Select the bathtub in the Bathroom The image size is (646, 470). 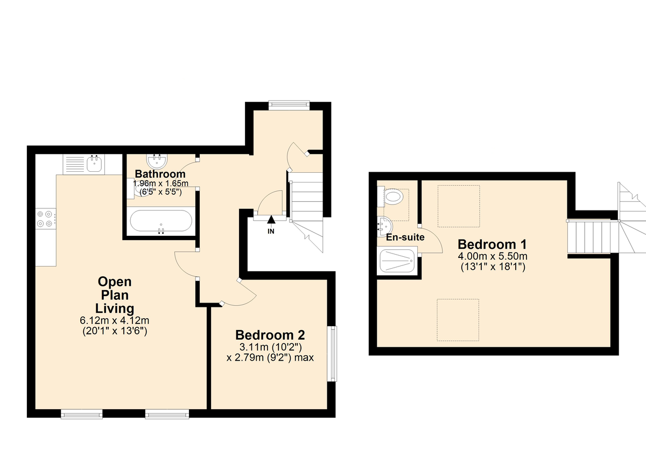tap(160, 222)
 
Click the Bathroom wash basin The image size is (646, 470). tap(158, 160)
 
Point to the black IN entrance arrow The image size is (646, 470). tap(271, 219)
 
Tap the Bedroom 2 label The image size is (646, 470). tap(270, 334)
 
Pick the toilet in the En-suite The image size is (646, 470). tap(394, 198)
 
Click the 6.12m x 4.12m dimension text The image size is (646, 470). tap(114, 321)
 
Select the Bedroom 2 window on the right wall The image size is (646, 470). tap(334, 353)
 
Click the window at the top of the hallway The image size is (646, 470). tap(289, 105)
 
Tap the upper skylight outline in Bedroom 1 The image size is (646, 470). tap(458, 206)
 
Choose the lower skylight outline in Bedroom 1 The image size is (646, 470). tap(458, 320)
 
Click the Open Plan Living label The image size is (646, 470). tap(114, 295)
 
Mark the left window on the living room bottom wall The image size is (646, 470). tap(81, 413)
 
